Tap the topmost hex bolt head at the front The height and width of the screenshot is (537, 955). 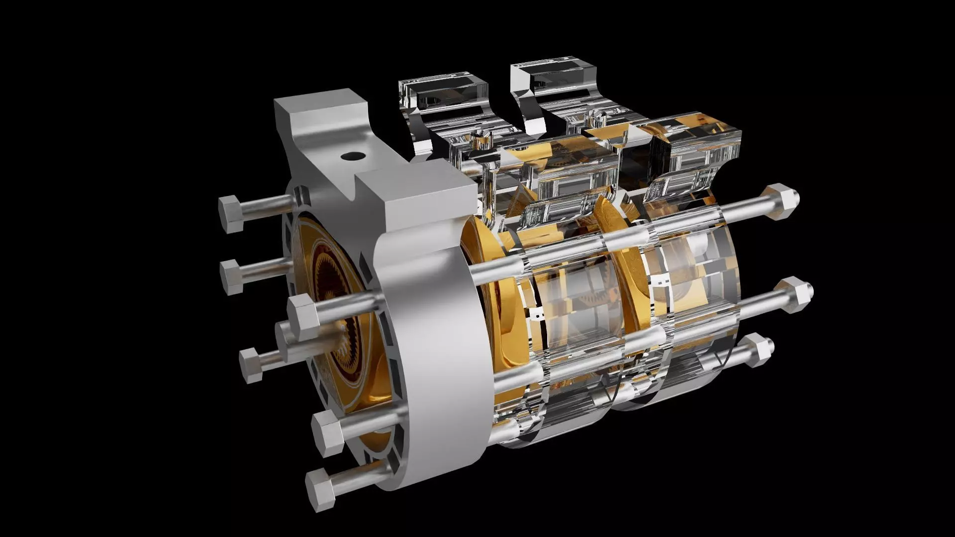click(230, 214)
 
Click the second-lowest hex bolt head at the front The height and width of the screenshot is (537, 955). click(329, 433)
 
